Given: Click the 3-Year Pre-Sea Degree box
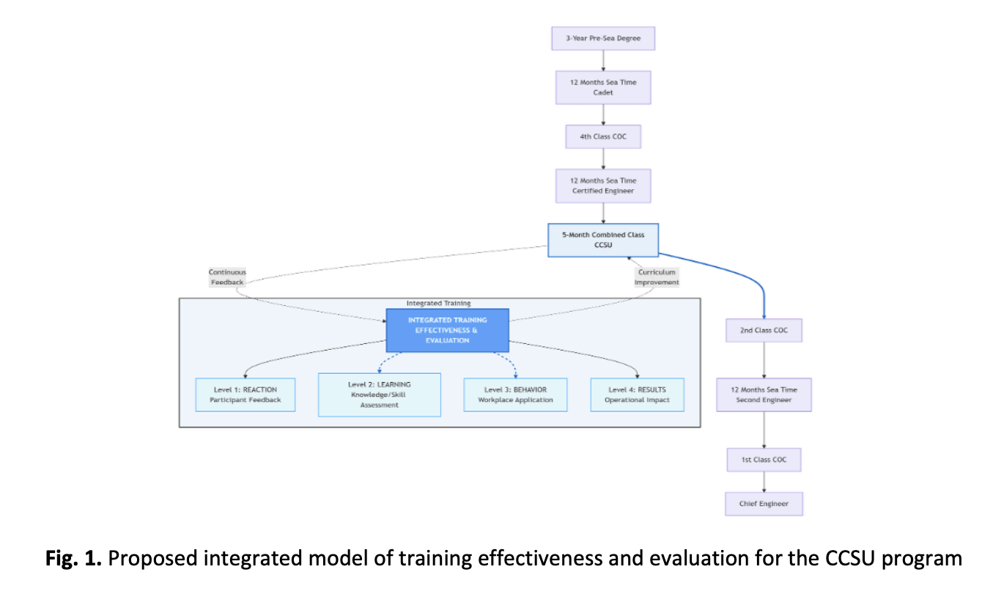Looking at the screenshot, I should pos(602,38).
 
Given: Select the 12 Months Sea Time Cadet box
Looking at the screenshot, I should pos(602,87).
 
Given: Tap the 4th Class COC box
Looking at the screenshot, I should pos(602,136).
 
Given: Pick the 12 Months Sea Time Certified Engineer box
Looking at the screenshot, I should pos(602,186).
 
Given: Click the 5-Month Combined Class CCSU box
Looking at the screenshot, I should pos(603,240).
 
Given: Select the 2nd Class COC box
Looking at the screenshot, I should pos(764,331).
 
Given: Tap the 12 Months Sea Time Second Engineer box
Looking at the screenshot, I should pos(764,395).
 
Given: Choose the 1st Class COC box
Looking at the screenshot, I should pos(764,460).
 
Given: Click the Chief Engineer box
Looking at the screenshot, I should pos(764,504).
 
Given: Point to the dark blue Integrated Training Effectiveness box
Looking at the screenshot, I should pos(447,330).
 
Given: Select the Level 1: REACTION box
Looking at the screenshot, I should pos(245,395).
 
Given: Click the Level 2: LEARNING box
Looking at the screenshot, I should pos(379,395).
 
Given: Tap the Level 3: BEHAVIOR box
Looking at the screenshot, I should pos(515,395).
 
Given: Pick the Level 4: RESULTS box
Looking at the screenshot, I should pos(637,395).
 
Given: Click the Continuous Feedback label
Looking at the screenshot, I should pos(227,277).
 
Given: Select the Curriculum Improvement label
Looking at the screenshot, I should pos(657,277).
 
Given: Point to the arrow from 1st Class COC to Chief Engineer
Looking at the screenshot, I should pos(764,482).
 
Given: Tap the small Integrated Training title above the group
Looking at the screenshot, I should pos(438,303).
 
